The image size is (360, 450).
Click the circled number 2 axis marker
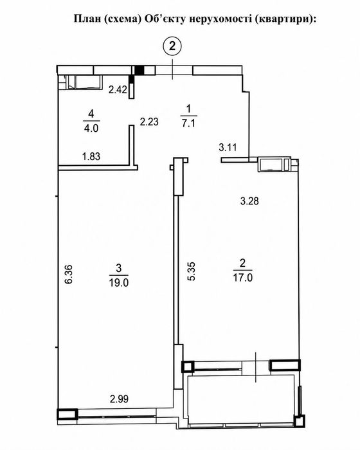172,46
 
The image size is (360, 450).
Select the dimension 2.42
118,90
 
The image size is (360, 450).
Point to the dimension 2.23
149,122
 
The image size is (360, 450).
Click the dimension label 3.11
228,147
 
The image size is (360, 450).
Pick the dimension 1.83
91,156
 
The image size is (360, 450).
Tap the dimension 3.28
249,201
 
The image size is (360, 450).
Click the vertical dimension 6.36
69,274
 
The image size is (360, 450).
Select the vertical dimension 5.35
191,271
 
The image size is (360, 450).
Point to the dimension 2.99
119,399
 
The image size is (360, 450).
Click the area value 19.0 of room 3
118,283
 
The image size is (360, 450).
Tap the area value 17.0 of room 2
242,278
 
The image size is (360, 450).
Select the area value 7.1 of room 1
188,123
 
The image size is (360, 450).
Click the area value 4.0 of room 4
91,128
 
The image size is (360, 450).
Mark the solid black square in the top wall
139,70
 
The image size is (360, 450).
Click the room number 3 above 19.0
118,269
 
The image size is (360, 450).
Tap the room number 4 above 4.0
91,114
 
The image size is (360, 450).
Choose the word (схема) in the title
122,19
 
